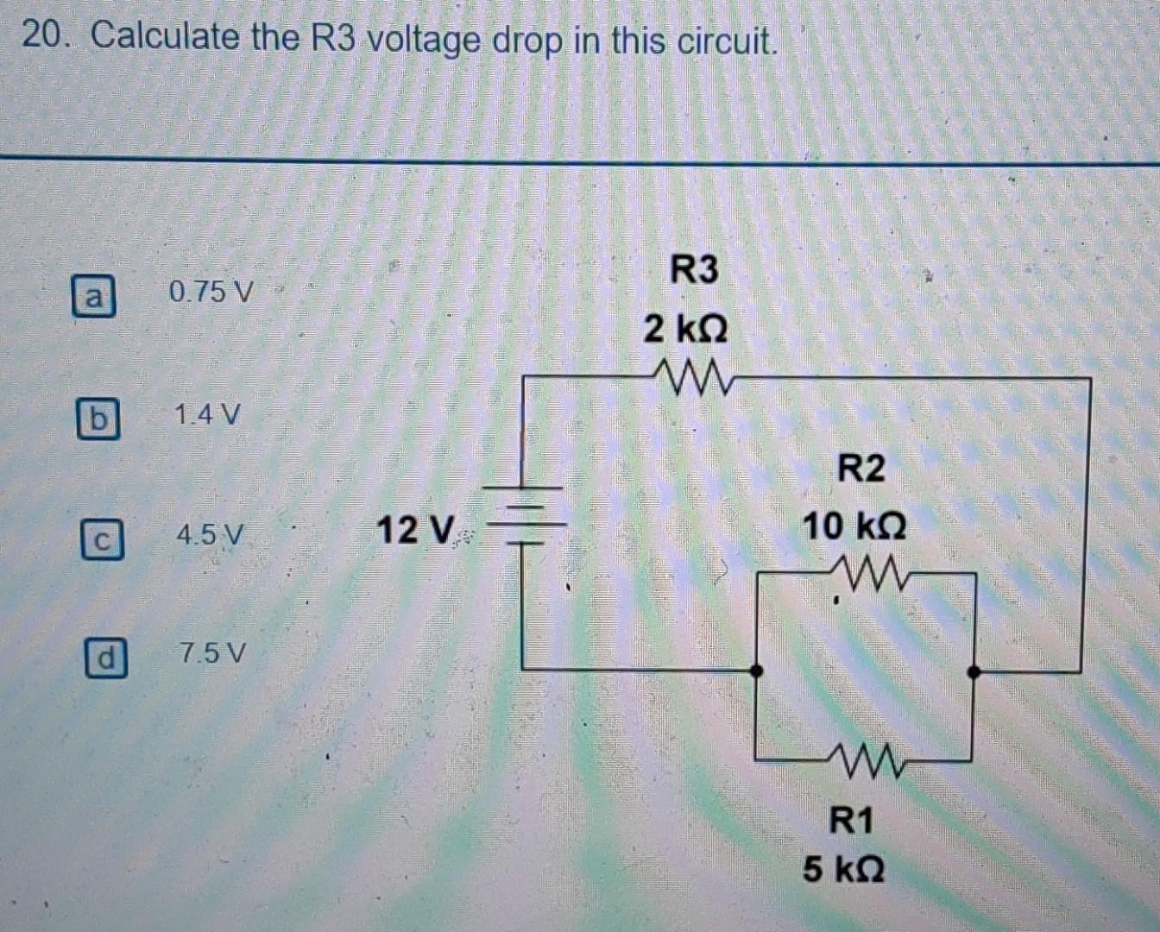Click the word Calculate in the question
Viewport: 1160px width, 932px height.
(165, 37)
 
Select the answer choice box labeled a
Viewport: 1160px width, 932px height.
(93, 297)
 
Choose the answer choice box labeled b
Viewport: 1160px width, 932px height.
(98, 419)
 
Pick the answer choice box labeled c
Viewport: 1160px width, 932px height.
(102, 540)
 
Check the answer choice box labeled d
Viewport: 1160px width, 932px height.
(105, 658)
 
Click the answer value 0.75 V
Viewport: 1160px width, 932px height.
(211, 293)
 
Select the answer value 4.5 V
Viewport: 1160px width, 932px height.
(211, 535)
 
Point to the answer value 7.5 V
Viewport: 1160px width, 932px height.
(212, 652)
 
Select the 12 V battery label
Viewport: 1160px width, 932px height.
(415, 530)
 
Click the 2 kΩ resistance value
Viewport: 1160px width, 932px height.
(685, 329)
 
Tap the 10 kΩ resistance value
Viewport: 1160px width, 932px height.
(854, 526)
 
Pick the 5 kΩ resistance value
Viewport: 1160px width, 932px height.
(843, 868)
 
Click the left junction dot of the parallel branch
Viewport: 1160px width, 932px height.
(756, 671)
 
